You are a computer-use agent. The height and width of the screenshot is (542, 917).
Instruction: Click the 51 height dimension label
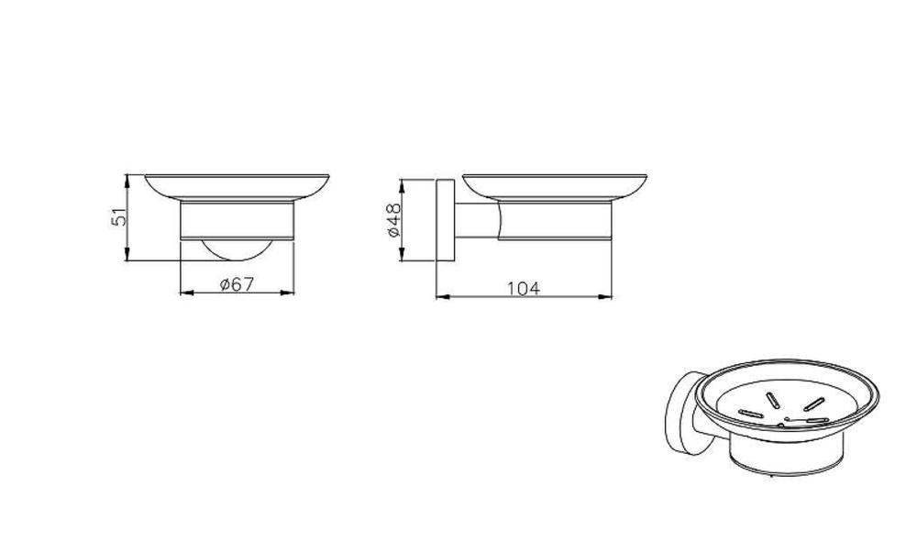pyautogui.click(x=118, y=217)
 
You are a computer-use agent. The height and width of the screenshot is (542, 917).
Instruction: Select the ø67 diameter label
pyautogui.click(x=237, y=284)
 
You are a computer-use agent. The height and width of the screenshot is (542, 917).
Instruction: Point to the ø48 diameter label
pyautogui.click(x=394, y=220)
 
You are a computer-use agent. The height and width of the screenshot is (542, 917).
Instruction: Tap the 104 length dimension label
pyautogui.click(x=524, y=288)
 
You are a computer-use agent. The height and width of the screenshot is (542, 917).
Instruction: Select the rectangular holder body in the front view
pyautogui.click(x=237, y=220)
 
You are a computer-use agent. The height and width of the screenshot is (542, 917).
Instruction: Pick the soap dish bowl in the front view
pyautogui.click(x=237, y=187)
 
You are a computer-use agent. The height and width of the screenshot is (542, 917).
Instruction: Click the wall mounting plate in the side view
pyautogui.click(x=446, y=220)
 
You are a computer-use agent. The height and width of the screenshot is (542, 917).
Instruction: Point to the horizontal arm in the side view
pyautogui.click(x=478, y=220)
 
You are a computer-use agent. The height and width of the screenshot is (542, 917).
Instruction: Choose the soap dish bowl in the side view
pyautogui.click(x=555, y=187)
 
